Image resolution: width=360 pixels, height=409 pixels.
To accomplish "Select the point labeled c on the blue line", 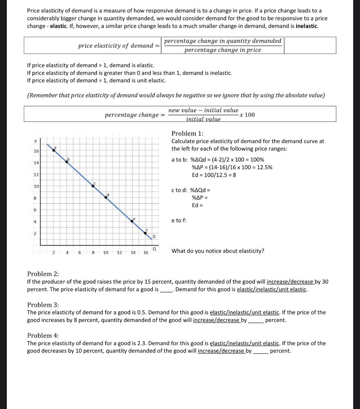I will tap(93, 186).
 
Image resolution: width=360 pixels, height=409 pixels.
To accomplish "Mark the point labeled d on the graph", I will tap(106, 197).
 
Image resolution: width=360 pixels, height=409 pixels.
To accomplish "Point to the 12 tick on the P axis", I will tap(36, 175).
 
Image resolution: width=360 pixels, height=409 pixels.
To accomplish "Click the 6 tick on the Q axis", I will tap(80, 252).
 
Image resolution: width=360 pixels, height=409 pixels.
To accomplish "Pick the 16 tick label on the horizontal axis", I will tap(145, 252).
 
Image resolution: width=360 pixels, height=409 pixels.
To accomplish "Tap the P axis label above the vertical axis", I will tap(35, 140).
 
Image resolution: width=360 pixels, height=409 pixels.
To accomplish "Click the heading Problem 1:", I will tap(187, 133).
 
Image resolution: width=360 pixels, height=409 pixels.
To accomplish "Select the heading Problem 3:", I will tap(43, 305).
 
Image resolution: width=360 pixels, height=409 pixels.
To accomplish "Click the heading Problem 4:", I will tap(43, 336).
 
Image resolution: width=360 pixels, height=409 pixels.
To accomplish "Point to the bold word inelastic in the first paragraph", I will tap(306, 26).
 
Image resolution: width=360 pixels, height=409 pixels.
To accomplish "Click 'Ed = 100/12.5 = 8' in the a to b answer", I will tap(214, 175).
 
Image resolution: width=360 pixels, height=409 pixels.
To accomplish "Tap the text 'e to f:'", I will tap(179, 220).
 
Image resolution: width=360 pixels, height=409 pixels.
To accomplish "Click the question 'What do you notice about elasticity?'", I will tap(218, 251).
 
